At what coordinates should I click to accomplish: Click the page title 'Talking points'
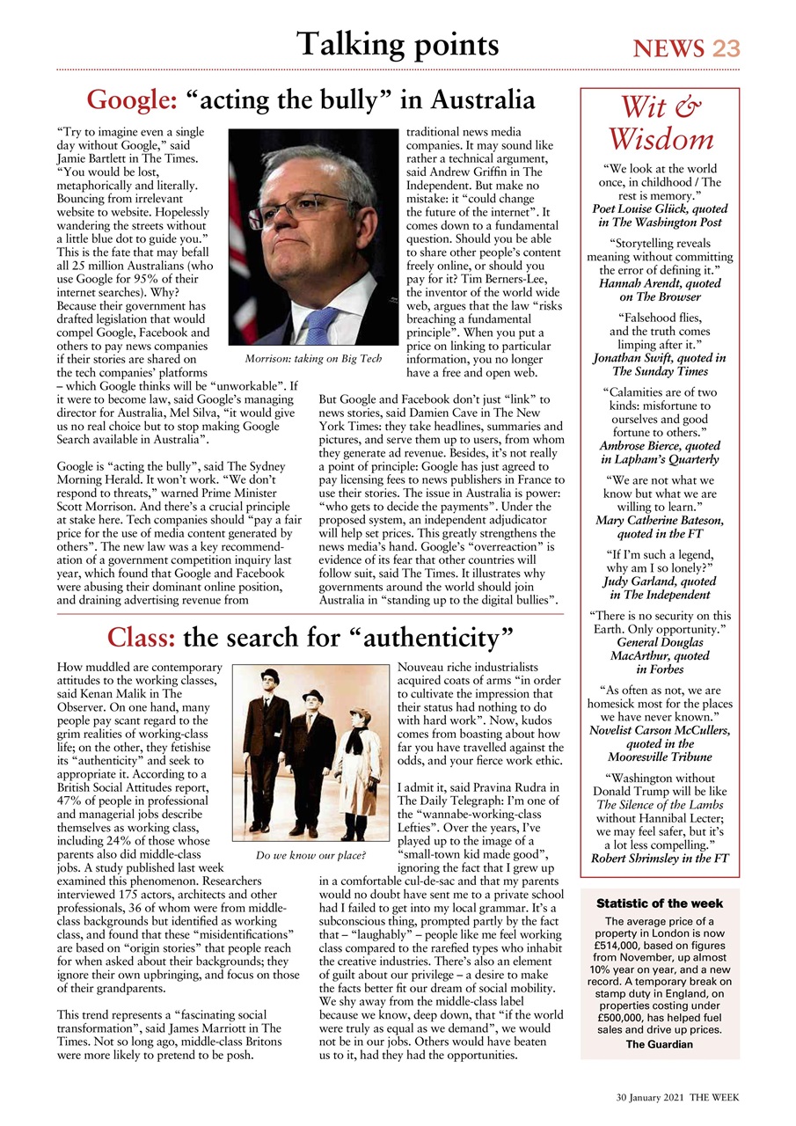tap(398, 44)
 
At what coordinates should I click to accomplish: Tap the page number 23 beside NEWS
tap(726, 48)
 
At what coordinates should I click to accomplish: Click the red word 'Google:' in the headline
tap(136, 100)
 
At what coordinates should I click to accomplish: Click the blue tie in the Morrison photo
tap(321, 325)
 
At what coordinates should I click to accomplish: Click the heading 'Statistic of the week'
tap(660, 903)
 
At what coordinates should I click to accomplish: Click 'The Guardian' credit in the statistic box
tap(660, 1044)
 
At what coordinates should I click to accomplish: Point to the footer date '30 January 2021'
tap(649, 1099)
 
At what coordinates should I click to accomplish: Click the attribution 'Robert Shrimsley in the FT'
tap(660, 858)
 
